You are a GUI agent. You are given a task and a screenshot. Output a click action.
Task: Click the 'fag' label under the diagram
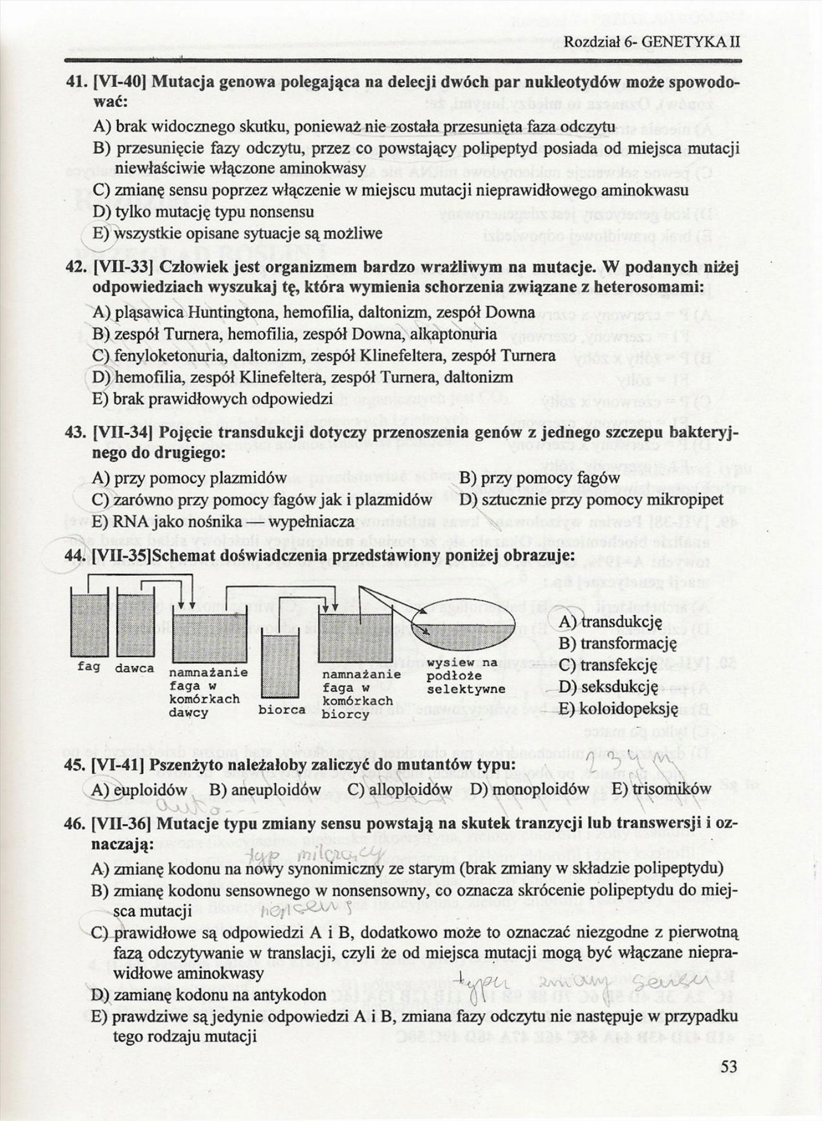[x=88, y=666]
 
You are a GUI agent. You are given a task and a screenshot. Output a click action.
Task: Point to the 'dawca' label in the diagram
[x=135, y=668]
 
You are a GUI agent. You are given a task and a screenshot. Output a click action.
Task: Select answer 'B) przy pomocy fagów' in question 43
[x=539, y=478]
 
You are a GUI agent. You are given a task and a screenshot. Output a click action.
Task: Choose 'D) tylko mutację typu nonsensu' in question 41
[x=203, y=212]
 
